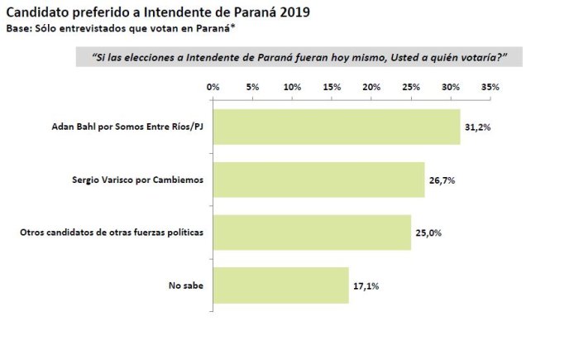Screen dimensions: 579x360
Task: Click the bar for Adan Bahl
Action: point(337,127)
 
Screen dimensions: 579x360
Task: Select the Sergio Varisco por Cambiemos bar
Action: point(319,180)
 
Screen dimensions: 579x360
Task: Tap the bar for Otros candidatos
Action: point(313,233)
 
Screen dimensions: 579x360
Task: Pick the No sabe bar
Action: point(281,286)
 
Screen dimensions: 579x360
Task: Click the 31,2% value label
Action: point(478,127)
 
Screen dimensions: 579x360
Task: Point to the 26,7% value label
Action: point(442,180)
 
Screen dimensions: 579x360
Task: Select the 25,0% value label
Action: point(428,233)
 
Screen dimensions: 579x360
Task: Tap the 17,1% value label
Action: point(366,286)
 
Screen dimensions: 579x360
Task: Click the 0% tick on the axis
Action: point(213,87)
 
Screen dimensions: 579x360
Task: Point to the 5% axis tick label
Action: point(252,87)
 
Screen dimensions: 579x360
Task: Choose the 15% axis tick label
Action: point(332,87)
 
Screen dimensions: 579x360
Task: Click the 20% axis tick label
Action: point(371,87)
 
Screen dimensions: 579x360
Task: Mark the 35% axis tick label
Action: point(490,87)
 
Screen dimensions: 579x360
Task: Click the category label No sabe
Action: point(186,286)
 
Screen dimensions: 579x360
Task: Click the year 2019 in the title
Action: point(294,12)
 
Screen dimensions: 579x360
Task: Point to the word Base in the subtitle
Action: point(17,28)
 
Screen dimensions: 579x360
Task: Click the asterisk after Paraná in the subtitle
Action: point(232,26)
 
